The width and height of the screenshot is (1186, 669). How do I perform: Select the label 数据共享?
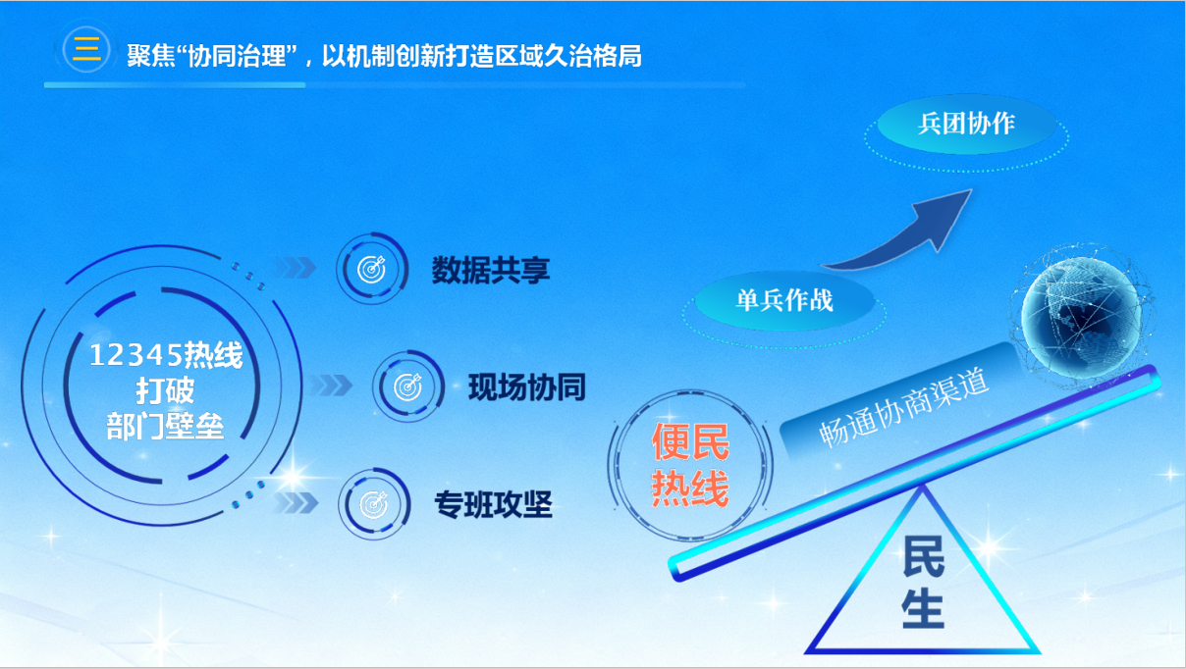pyautogui.click(x=491, y=270)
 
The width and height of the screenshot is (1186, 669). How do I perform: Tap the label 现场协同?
pyautogui.click(x=526, y=387)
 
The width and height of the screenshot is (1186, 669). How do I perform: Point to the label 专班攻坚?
pyautogui.click(x=493, y=505)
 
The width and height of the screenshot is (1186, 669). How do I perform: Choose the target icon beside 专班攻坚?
pyautogui.click(x=374, y=504)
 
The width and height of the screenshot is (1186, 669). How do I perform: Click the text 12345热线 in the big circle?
pyautogui.click(x=166, y=355)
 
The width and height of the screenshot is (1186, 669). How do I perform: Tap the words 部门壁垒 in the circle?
pyautogui.click(x=166, y=428)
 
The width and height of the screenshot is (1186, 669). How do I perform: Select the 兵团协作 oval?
pyautogui.click(x=966, y=124)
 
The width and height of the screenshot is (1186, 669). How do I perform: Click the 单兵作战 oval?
pyautogui.click(x=784, y=299)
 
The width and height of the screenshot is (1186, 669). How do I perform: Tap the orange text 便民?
pyautogui.click(x=691, y=442)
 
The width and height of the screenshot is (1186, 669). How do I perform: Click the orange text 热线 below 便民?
pyautogui.click(x=691, y=489)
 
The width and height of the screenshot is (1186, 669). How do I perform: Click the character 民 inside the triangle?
pyautogui.click(x=923, y=556)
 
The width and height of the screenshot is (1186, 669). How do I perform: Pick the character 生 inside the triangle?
pyautogui.click(x=923, y=608)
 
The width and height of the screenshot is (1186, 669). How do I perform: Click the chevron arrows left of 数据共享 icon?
pyautogui.click(x=294, y=268)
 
